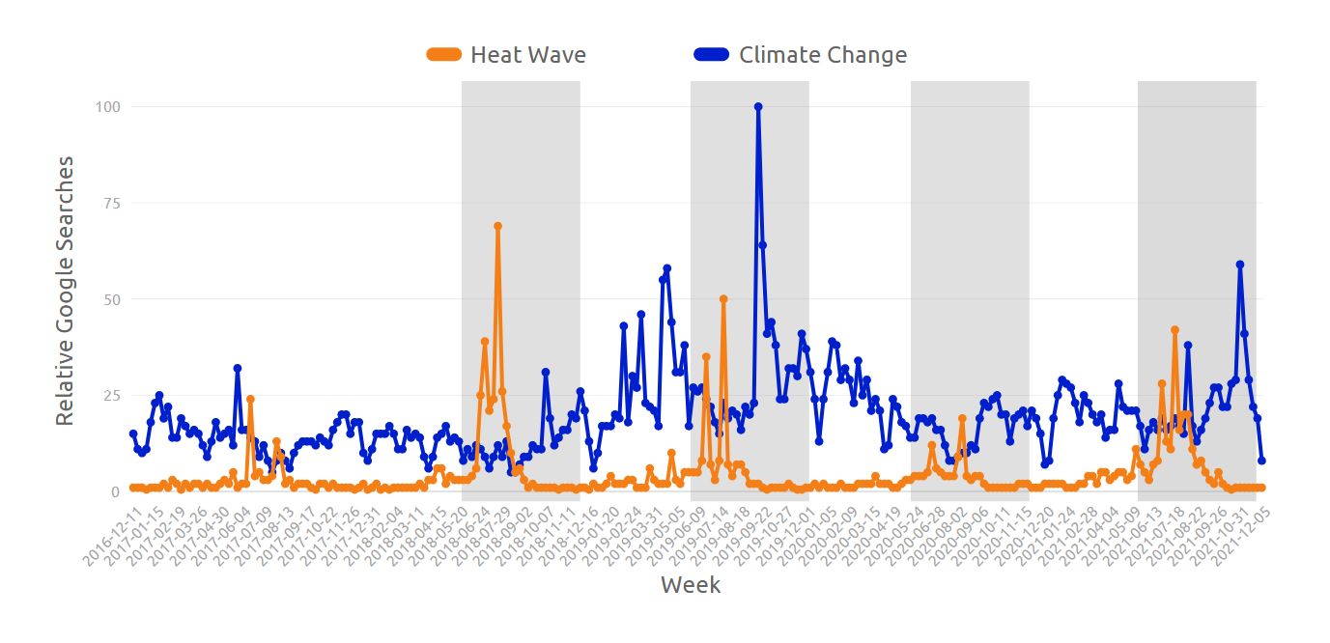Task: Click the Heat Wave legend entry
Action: (x=527, y=55)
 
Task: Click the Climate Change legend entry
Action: (x=822, y=55)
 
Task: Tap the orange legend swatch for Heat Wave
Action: (x=444, y=55)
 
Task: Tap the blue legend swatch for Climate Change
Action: (x=711, y=55)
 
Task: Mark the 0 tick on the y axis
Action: (x=114, y=491)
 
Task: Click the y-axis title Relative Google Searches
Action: (x=65, y=291)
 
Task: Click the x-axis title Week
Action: (x=690, y=585)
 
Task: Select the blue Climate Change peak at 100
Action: (x=758, y=107)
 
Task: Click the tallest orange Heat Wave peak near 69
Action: (x=497, y=226)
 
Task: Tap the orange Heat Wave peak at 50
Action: (x=723, y=299)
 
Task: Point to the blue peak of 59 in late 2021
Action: (x=1240, y=265)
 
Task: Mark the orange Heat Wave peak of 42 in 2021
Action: (x=1174, y=330)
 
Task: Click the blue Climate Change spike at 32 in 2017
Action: (x=237, y=369)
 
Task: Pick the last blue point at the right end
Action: (x=1261, y=461)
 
